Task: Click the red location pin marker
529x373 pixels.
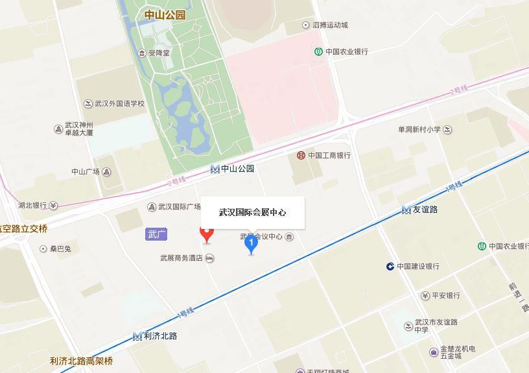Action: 207,234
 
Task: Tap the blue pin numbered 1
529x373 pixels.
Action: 251,245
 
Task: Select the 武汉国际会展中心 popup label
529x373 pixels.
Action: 252,212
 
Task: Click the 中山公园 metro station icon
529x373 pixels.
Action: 215,169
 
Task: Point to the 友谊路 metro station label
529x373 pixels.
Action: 425,210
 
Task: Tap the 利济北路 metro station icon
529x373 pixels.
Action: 137,336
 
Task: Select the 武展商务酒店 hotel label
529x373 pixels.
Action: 183,258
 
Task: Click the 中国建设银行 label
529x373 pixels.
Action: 417,267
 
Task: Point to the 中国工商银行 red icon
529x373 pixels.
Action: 301,156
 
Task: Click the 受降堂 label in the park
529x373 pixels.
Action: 158,53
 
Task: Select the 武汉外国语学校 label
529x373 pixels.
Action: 119,104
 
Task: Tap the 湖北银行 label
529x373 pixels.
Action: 32,206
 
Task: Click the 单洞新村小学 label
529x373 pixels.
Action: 419,130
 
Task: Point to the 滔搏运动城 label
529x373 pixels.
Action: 330,25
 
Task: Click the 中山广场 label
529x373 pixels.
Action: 86,172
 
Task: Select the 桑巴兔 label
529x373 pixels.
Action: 60,249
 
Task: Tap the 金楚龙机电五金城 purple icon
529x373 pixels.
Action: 433,352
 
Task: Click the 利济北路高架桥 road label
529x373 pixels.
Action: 81,361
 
